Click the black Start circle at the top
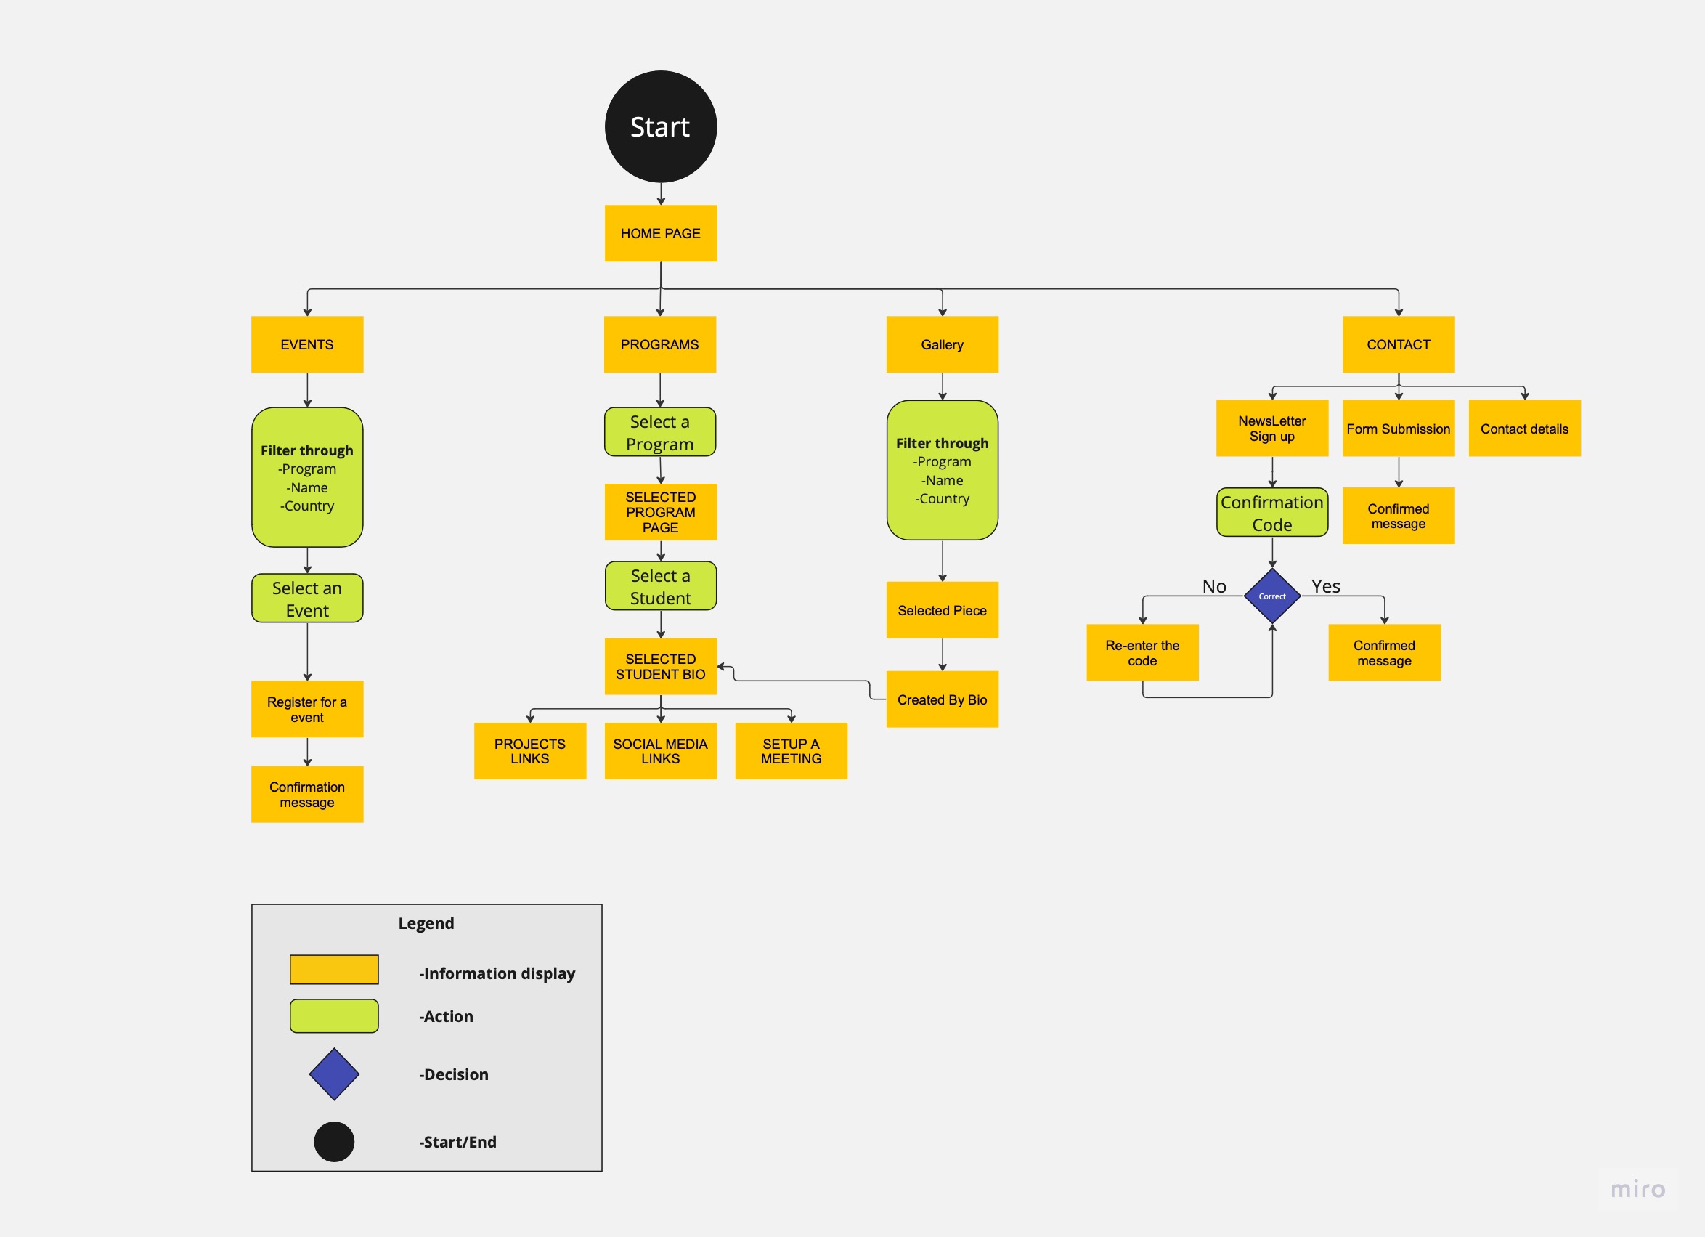pos(660,126)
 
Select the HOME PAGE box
pos(660,233)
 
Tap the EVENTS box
pos(306,344)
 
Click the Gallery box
pos(941,344)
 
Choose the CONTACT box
pos(1398,344)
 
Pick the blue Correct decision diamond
pos(1271,596)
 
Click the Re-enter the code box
pos(1142,652)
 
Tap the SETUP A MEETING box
pos(790,750)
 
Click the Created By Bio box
pos(941,699)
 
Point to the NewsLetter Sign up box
pos(1271,428)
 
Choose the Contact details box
pos(1523,428)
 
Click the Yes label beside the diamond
pos(1324,585)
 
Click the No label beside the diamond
pos(1213,585)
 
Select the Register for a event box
pos(306,708)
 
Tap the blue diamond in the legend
pos(334,1073)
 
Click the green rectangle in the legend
pos(334,1015)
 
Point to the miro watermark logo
pos(1637,1189)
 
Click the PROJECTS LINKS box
pos(529,750)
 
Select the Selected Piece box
pos(941,610)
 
